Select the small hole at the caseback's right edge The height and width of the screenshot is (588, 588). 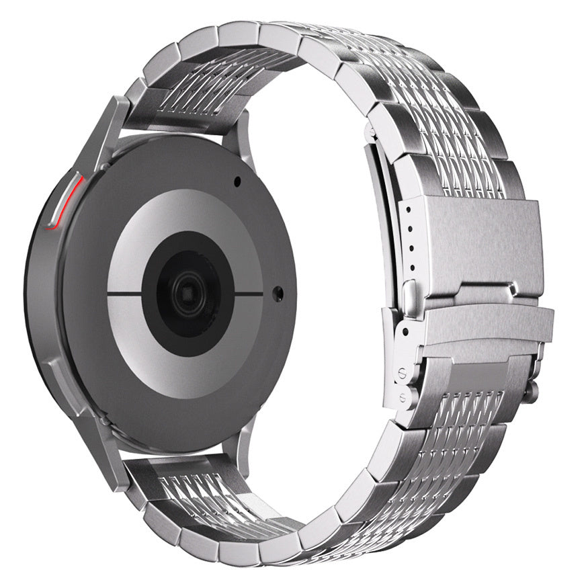[278, 292]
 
